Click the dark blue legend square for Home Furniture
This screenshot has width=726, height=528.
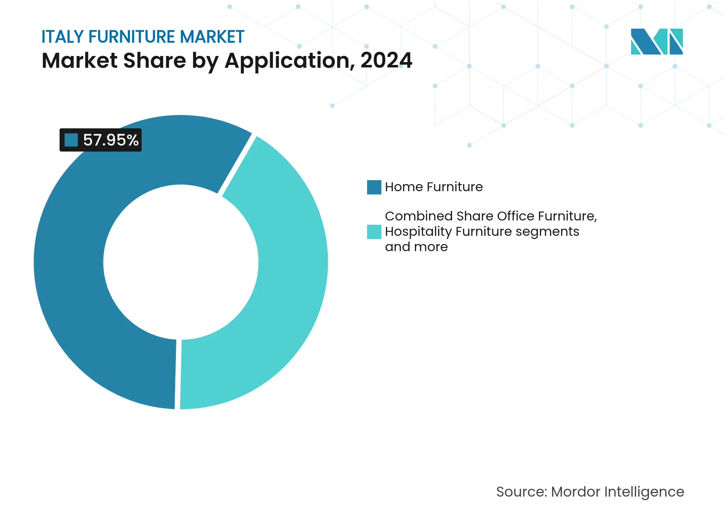point(374,187)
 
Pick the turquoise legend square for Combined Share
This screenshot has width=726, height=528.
point(374,232)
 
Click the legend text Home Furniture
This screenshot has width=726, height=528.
point(433,187)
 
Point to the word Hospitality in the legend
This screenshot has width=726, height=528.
point(418,232)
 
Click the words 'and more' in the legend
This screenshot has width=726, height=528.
point(416,247)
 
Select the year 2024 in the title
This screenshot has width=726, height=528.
point(386,60)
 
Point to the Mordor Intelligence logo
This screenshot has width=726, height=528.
point(656,41)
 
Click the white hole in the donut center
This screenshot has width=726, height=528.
point(181,262)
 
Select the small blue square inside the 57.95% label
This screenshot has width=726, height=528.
point(71,140)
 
